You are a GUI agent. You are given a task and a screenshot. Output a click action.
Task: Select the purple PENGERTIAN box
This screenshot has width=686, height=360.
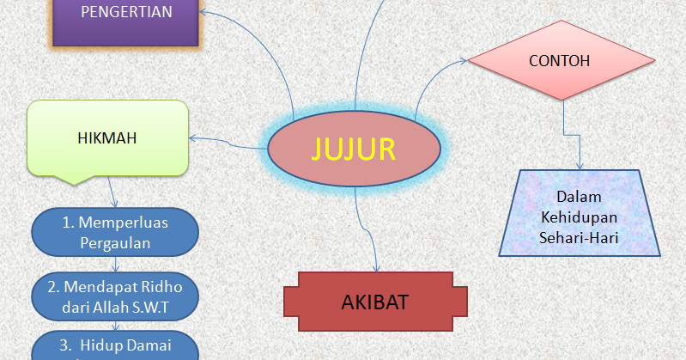point(126,14)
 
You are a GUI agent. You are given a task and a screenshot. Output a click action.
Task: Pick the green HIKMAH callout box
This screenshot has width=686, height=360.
point(107,137)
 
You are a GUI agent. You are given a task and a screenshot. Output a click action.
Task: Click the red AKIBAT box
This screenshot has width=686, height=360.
point(375,302)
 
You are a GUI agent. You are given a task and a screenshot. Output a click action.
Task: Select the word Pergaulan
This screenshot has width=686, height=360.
point(115,242)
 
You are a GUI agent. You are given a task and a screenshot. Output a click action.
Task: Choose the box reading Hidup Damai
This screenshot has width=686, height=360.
point(115,345)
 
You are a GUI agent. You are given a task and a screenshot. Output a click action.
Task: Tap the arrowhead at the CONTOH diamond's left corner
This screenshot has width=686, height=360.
point(468,61)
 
